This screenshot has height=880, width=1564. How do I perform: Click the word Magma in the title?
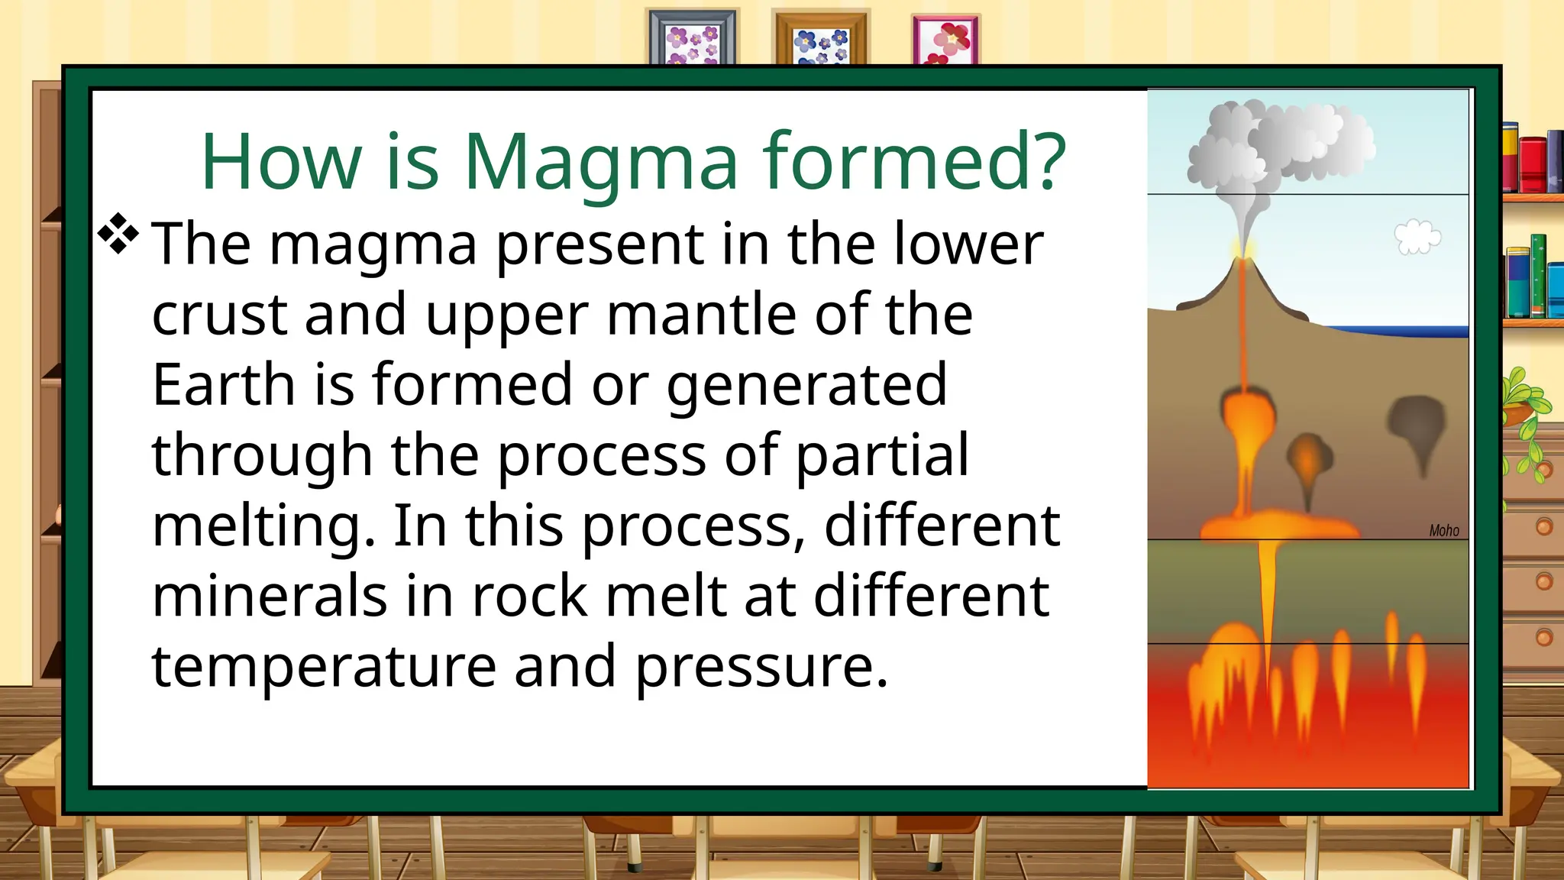(x=601, y=162)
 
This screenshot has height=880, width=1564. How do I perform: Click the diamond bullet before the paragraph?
(x=118, y=234)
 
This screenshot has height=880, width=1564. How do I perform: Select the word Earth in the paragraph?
(x=224, y=384)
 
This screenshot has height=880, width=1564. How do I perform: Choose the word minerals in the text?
(x=270, y=597)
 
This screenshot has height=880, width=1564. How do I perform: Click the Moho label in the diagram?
(x=1443, y=530)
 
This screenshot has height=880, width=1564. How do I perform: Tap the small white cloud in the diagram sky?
(x=1417, y=237)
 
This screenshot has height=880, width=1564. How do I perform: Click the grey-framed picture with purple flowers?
(x=693, y=38)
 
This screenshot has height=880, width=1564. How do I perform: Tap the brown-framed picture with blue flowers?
(x=820, y=38)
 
